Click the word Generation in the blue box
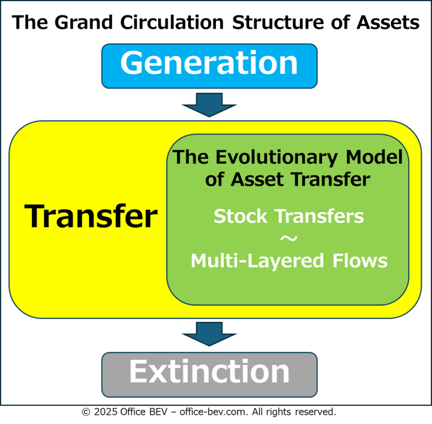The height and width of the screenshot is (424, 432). click(x=209, y=63)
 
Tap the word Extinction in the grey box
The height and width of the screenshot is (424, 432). click(x=209, y=372)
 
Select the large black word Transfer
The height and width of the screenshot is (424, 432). click(x=91, y=216)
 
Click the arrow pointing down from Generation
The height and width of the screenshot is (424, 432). click(x=209, y=105)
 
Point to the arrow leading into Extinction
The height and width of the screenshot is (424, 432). click(x=209, y=334)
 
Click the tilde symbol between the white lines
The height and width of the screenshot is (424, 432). click(x=289, y=238)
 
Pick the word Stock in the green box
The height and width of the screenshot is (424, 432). click(x=240, y=216)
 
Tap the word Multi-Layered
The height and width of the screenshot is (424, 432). click(x=257, y=261)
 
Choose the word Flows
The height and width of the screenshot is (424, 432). click(x=360, y=261)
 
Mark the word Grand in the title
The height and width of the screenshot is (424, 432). click(x=84, y=22)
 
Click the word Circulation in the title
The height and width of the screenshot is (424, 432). click(x=172, y=22)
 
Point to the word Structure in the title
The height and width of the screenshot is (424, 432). click(x=278, y=22)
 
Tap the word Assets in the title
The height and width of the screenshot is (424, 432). click(x=388, y=22)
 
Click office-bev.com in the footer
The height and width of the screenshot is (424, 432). click(x=213, y=412)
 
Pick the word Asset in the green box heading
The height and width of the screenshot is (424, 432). click(x=257, y=180)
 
